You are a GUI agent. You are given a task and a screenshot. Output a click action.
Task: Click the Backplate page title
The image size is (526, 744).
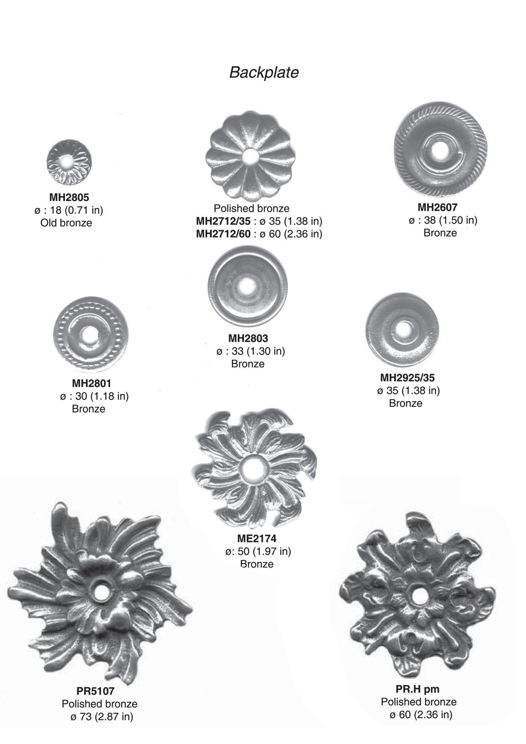tap(264, 73)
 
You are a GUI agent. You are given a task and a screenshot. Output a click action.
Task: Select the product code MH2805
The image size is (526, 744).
tap(69, 197)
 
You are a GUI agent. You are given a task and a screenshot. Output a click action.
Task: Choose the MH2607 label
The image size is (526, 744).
tap(438, 207)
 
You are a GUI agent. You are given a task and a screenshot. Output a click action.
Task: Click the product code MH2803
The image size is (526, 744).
tap(248, 338)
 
